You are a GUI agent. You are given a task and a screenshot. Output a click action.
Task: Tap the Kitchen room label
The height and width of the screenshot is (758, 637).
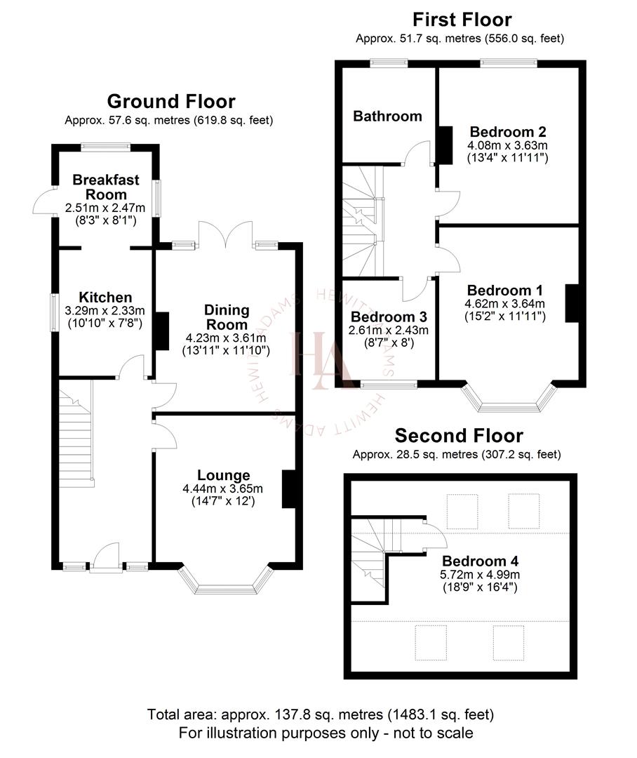pyautogui.click(x=105, y=298)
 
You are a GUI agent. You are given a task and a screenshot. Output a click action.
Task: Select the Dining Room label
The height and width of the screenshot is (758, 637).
pyautogui.click(x=227, y=317)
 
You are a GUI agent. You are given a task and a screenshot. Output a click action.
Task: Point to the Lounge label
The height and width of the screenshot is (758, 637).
pyautogui.click(x=223, y=476)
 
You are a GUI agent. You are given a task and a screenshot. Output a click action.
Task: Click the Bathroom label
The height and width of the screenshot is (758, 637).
pyautogui.click(x=387, y=116)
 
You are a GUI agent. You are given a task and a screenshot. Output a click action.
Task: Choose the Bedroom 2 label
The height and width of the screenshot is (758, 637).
pyautogui.click(x=508, y=131)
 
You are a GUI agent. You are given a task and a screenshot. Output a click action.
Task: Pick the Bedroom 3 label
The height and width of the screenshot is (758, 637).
pyautogui.click(x=389, y=317)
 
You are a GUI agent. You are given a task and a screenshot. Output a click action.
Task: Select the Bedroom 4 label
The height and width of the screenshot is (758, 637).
pyautogui.click(x=480, y=561)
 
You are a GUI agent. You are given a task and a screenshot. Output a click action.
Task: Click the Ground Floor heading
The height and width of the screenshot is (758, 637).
pyautogui.click(x=170, y=102)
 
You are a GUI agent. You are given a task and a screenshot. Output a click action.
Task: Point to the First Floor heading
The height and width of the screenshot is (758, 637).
pyautogui.click(x=462, y=19)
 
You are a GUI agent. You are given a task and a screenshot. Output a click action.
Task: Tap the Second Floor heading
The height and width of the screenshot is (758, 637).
pyautogui.click(x=458, y=436)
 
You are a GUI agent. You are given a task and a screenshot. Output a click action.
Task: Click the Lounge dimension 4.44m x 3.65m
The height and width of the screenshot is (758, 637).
pyautogui.click(x=223, y=489)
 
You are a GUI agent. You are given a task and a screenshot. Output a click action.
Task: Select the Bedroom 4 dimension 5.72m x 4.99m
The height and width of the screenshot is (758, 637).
pyautogui.click(x=480, y=574)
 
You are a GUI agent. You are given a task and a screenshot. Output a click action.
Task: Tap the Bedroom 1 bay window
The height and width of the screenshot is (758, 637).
pyautogui.click(x=509, y=399)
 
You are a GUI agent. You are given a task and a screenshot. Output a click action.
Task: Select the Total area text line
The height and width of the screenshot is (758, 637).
pyautogui.click(x=320, y=715)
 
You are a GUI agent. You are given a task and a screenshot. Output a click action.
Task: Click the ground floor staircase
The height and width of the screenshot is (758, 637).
pyautogui.click(x=76, y=435)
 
